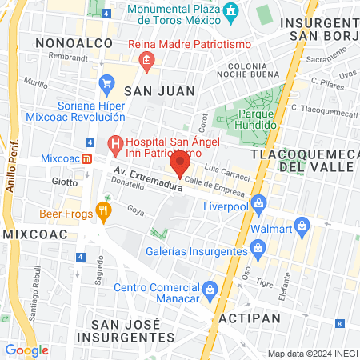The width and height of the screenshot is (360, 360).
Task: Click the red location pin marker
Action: point(180,165)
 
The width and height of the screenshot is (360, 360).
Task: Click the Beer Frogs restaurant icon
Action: point(102,213)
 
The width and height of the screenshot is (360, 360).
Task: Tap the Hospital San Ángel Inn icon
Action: point(115,145)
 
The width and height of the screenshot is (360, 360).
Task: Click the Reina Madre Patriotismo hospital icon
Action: point(146,60)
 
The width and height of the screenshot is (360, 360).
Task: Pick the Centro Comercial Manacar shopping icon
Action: point(210,288)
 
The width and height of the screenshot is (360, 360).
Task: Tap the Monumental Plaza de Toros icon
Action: point(232,12)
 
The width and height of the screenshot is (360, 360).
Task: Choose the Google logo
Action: point(26,350)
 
